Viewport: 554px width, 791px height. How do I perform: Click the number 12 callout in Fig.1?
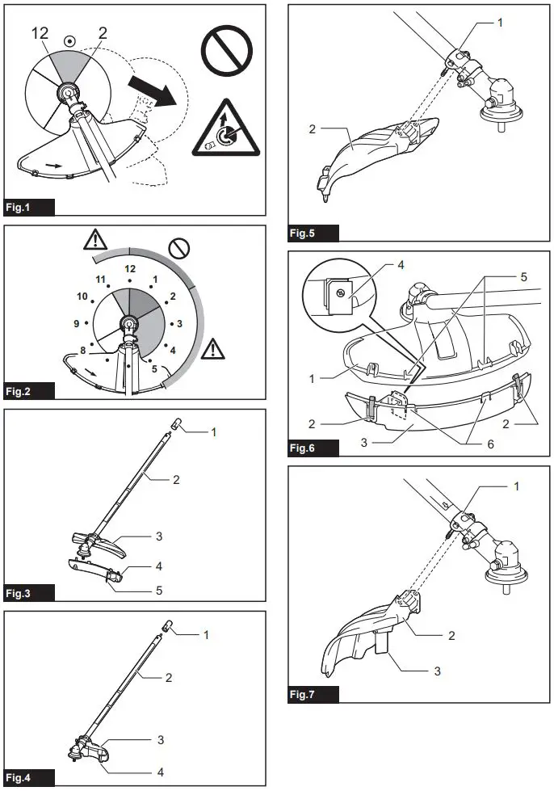40,33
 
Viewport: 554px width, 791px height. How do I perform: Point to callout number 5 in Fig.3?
159,591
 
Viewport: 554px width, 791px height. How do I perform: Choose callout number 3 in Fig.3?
159,536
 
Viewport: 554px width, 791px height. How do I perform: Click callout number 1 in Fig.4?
205,634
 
